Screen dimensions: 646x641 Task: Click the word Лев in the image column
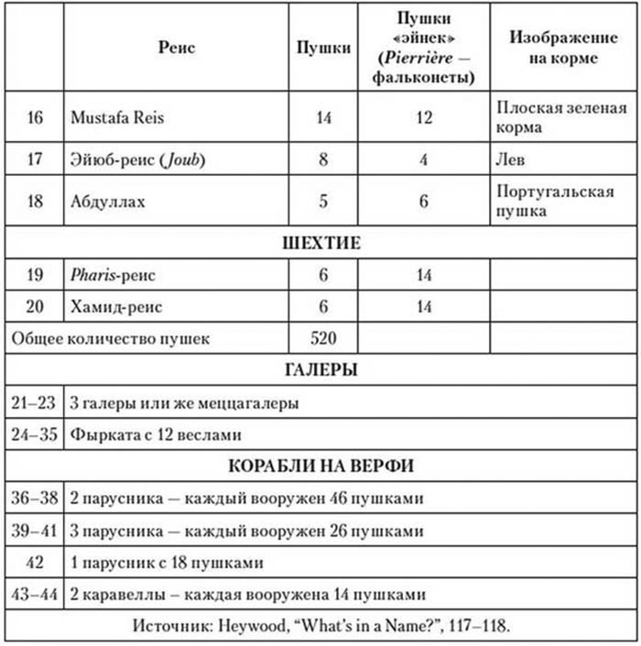510,159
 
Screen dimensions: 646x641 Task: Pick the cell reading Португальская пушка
548,202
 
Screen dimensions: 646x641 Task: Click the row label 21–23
34,402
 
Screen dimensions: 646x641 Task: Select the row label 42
34,563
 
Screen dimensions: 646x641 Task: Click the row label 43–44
34,594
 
